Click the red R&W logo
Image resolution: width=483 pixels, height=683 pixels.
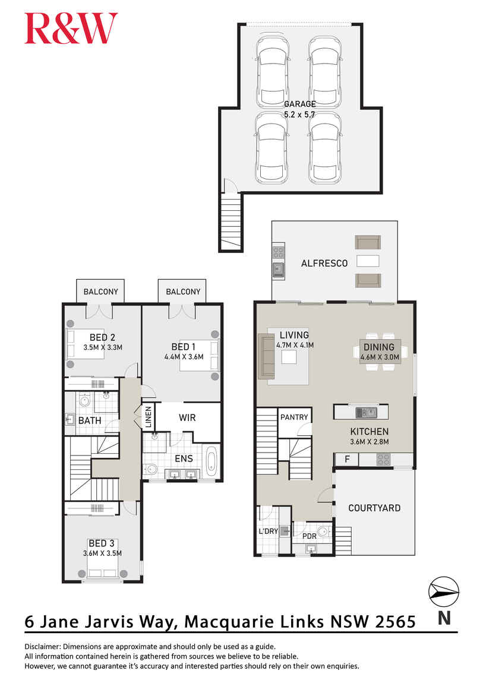71,29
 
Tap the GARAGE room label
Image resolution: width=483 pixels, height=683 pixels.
299,104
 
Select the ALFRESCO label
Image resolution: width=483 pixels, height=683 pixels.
324,263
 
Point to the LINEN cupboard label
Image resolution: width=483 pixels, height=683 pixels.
148,416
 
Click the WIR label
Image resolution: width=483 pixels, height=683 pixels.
187,418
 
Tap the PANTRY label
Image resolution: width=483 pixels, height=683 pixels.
294,417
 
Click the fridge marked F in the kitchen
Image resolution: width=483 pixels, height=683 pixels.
347,459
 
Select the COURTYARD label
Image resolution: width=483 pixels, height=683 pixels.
374,508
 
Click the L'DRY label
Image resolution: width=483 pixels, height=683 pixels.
269,532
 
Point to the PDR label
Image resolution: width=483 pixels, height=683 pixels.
309,536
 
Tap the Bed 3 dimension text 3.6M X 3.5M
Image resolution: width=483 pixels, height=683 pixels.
102,553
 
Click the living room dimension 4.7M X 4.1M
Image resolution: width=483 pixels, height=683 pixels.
295,345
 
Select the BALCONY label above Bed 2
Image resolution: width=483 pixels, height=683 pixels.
100,292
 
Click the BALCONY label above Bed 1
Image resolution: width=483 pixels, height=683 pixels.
183,292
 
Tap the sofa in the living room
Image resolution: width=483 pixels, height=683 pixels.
266,356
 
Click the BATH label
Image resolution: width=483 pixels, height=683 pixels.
90,420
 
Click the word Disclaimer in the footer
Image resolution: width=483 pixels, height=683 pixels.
43,647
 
